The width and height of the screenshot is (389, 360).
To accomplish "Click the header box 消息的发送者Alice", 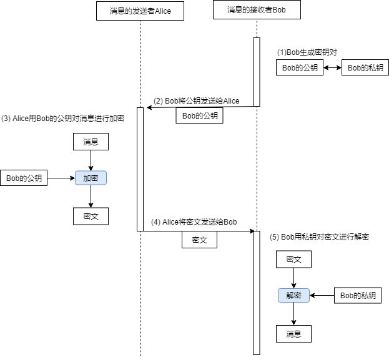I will point(140,11).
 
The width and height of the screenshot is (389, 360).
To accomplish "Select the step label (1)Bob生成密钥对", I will point(307,52).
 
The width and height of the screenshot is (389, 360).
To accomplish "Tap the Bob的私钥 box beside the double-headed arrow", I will point(365,68).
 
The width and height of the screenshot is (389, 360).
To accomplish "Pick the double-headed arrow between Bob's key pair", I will point(332,68).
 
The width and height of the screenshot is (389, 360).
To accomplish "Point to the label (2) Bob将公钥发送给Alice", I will point(197,100).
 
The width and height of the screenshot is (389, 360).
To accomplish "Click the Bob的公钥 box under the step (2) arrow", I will point(199,115).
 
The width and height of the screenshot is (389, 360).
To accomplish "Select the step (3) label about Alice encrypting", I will point(62,119).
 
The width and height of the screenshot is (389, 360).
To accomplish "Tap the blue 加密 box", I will point(91,178).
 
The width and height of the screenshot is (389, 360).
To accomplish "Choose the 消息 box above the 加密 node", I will point(91,142).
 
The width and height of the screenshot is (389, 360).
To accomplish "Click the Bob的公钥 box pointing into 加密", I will point(24,178).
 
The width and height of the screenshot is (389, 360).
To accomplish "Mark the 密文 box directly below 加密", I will point(91,216).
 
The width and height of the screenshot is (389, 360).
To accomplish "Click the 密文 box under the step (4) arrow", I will point(199,240).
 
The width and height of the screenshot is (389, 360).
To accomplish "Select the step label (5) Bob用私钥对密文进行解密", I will point(319,237).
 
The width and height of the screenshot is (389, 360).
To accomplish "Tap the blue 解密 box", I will point(294,295).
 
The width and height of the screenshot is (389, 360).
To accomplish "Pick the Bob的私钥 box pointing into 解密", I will point(358,295).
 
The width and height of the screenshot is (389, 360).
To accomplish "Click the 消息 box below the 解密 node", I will point(293,334).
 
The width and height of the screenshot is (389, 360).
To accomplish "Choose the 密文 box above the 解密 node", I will point(293,259).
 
